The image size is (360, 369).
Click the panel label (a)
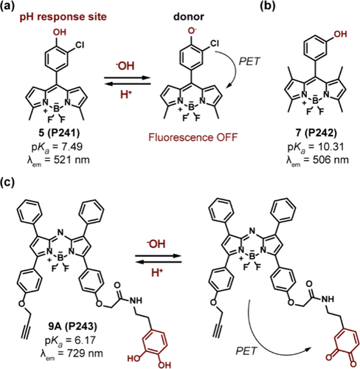pos(7,6)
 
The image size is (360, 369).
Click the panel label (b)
pos(268,6)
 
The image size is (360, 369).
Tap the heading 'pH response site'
pos(63,17)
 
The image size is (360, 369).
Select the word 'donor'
pos(189,16)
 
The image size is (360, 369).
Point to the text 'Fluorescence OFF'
pos(193,137)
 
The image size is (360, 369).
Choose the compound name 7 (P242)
pos(316,133)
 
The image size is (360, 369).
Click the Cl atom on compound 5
pos(80,45)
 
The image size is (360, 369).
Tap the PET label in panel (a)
pos(249,61)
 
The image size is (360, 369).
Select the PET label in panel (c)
pos(246,351)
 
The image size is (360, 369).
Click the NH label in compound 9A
pos(136,300)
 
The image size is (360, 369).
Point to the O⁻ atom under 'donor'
pos(192,32)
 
